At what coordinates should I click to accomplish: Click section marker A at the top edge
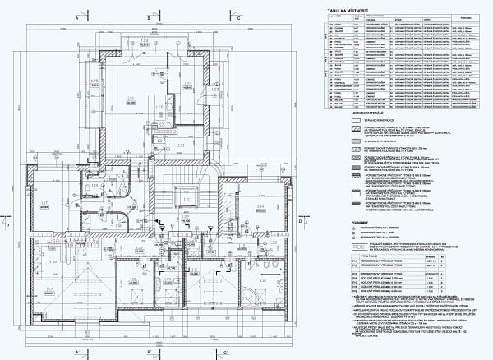pyautogui.click(x=77, y=16)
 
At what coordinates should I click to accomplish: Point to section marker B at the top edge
pyautogui.click(x=159, y=16)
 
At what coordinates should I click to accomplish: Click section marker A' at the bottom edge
pyautogui.click(x=77, y=352)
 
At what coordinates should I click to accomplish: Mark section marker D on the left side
pyautogui.click(x=7, y=223)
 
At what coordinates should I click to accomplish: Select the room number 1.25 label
pyautogui.click(x=94, y=81)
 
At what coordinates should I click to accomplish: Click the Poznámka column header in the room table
pyautogui.click(x=463, y=17)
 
